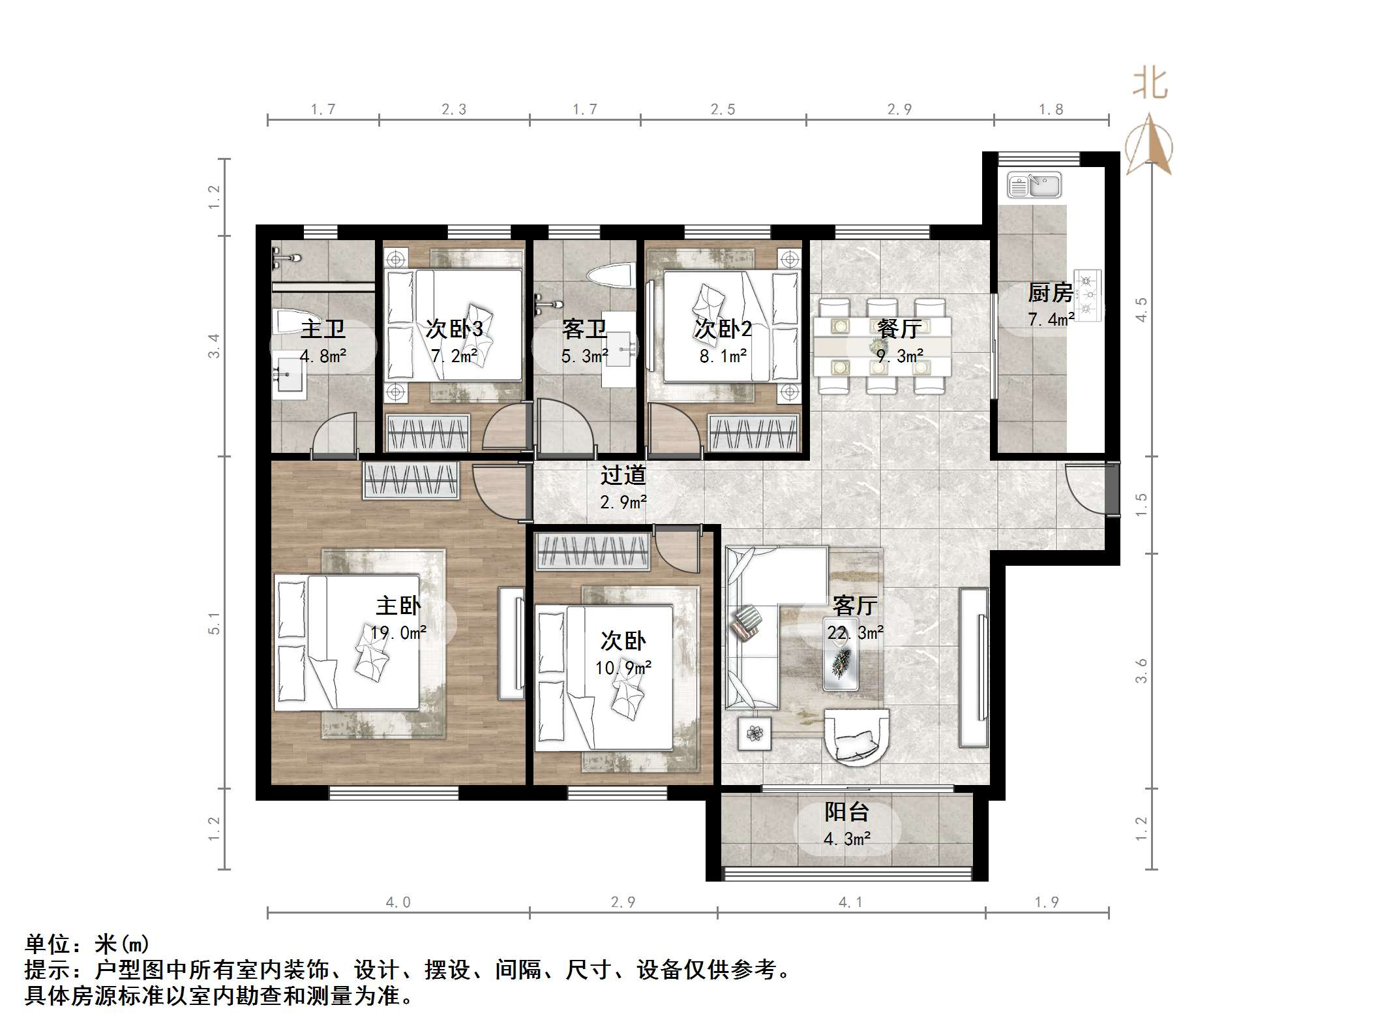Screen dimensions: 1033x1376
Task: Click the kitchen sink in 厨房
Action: click(1034, 185)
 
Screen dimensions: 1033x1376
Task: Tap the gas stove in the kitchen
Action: click(1087, 296)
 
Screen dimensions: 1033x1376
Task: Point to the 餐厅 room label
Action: click(899, 328)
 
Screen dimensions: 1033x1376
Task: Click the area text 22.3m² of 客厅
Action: click(855, 632)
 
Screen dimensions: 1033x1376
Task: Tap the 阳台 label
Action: click(846, 812)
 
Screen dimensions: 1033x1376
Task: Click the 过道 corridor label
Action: click(623, 475)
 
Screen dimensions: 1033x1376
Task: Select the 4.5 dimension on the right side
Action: click(1141, 309)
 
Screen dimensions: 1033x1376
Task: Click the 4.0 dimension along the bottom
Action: click(398, 902)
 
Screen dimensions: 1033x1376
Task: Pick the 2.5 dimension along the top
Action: click(723, 110)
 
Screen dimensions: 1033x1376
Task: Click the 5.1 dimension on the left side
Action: click(214, 624)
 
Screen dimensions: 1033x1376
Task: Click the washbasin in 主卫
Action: click(288, 377)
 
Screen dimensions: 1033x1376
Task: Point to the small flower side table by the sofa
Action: click(755, 733)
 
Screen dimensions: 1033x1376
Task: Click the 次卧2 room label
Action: click(723, 328)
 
